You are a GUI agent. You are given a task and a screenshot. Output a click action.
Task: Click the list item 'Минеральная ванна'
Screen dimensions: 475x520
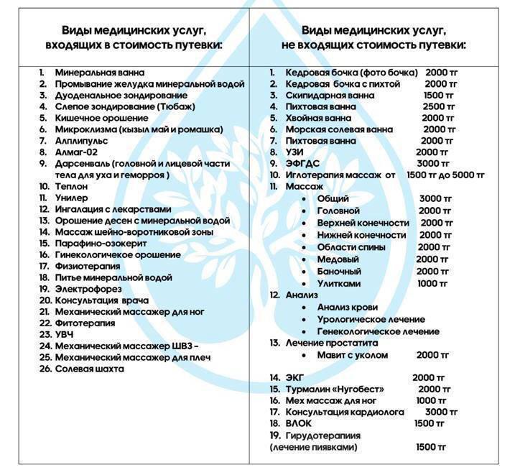(x=99, y=73)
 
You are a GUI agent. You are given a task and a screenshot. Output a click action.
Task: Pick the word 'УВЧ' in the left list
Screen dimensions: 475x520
(x=64, y=334)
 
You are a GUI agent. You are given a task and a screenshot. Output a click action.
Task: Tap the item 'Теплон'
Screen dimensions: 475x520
(x=71, y=186)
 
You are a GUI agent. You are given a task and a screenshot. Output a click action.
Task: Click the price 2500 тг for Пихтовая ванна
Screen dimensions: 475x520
(x=439, y=107)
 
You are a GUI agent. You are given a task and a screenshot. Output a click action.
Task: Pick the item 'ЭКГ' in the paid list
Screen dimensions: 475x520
(x=294, y=377)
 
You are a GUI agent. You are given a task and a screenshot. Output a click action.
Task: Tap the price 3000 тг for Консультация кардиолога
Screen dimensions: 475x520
(x=442, y=412)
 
